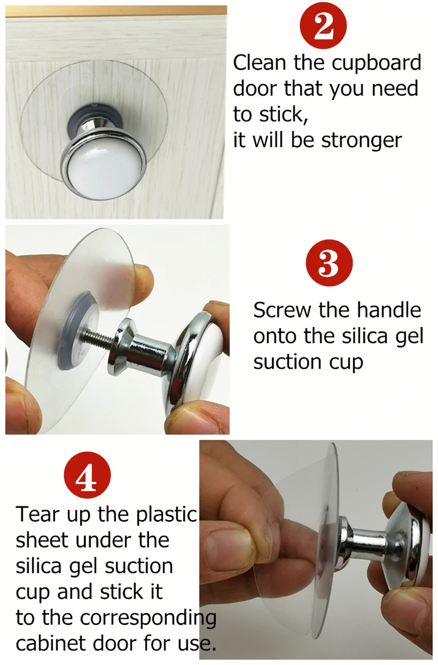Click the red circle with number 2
tap(323, 26)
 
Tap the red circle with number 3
tap(329, 263)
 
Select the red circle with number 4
tap(87, 475)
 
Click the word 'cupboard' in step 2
tap(376, 64)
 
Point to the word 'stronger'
tap(361, 141)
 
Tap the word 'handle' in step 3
tap(389, 310)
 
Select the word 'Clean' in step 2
tap(260, 62)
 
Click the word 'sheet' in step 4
tap(43, 540)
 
